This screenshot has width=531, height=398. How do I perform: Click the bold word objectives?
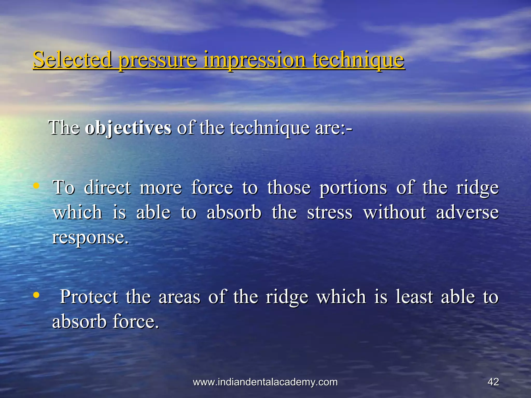tap(128, 128)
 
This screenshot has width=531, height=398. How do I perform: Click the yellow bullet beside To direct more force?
tap(37, 186)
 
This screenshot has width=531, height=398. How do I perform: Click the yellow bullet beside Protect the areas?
tap(37, 295)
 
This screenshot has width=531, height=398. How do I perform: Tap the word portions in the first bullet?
tap(353, 188)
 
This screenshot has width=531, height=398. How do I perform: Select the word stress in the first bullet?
tap(330, 212)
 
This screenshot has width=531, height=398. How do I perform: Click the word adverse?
tap(467, 212)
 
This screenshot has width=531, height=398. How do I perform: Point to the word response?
tap(90, 237)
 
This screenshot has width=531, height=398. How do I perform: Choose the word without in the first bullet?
tap(394, 212)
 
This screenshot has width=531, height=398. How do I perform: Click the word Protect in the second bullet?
tap(89, 297)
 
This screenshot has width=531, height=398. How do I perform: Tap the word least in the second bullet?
tap(414, 297)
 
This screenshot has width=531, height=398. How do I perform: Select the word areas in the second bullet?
tap(179, 297)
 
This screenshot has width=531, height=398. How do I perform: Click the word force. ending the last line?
tap(136, 322)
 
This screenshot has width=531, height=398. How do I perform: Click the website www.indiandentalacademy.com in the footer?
tap(265, 382)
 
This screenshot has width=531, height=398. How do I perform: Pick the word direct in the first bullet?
tap(107, 188)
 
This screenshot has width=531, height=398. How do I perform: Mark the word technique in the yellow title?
tap(358, 61)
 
